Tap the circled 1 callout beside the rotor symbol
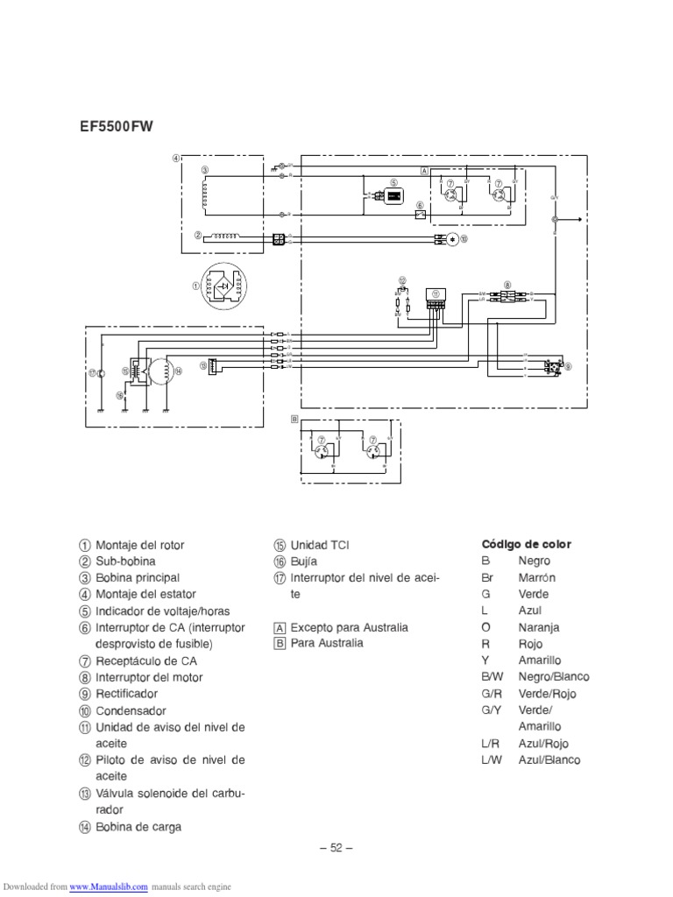(x=196, y=286)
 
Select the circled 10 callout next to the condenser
(x=464, y=237)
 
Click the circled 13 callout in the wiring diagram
(x=202, y=365)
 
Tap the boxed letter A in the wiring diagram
(x=424, y=171)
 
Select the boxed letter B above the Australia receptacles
(x=295, y=420)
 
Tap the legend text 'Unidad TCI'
(x=319, y=545)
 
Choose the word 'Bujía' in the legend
(x=304, y=562)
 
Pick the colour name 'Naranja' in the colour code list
(x=539, y=628)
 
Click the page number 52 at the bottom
(x=336, y=847)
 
